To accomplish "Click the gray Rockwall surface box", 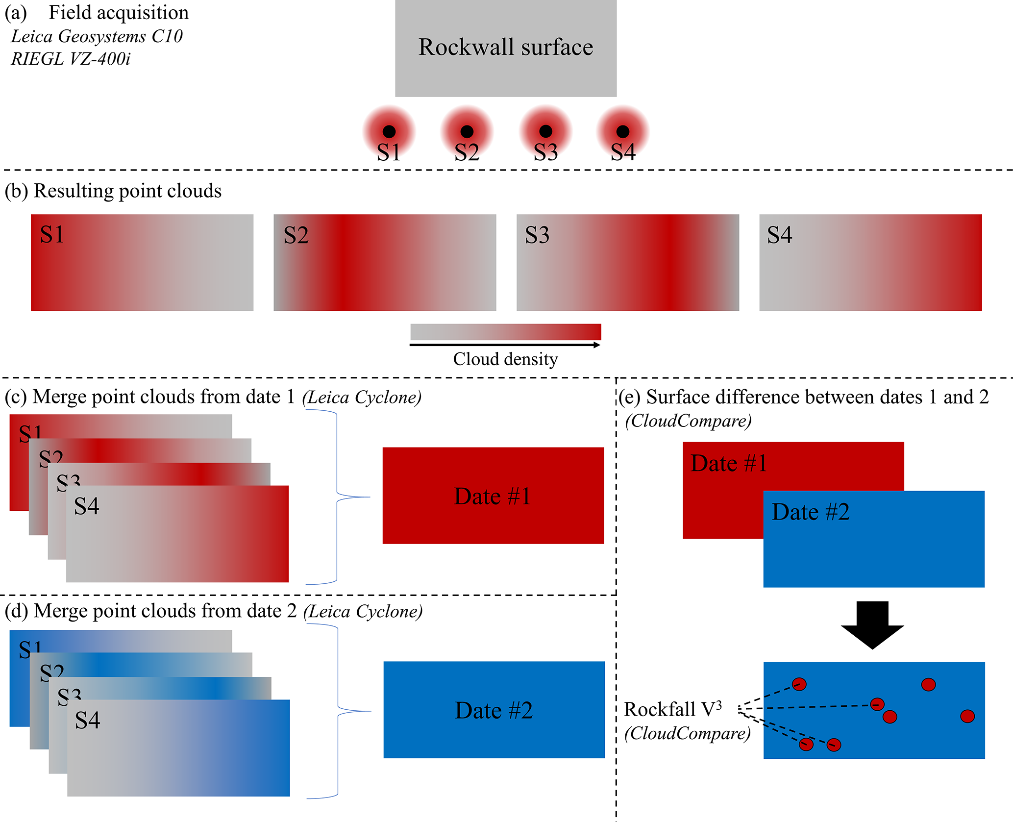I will pos(506,48).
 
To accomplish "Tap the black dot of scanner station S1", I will pos(389,131).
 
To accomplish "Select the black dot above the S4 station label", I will pos(623,131).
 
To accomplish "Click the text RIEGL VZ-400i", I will pos(71,59).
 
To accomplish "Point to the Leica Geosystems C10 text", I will pos(97,36).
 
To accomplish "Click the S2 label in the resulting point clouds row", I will pos(296,235).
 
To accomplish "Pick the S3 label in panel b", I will pos(537,235).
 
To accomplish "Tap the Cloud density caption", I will pos(505,359).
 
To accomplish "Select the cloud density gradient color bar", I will pos(505,332).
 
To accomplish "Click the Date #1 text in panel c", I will pos(493,496).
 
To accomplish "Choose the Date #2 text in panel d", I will pos(494,710).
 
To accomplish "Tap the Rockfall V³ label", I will pos(672,709).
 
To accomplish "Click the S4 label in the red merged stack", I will pos(87,506).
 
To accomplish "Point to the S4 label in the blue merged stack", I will pos(87,721).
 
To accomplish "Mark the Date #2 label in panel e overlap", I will pos(811,512).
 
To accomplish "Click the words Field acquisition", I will pos(119,13).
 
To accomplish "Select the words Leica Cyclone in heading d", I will pos(363,611).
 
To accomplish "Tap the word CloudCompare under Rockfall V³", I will pos(688,733).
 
